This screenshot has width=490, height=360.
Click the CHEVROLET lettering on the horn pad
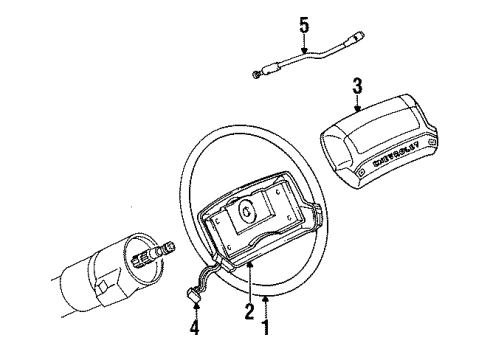pos(395,159)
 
